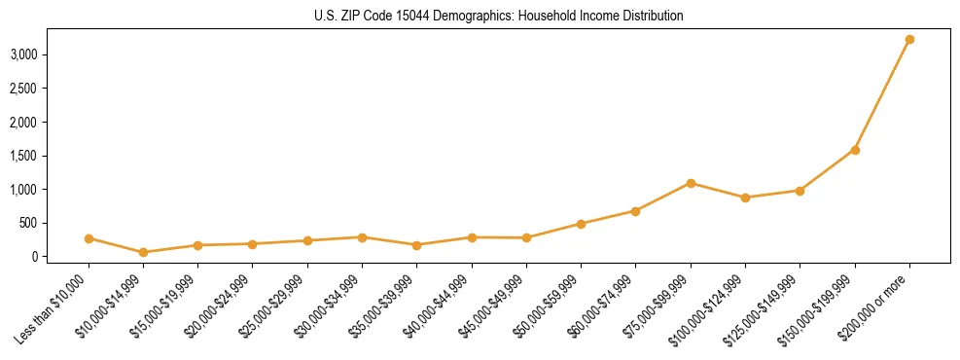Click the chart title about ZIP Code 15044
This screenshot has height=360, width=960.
(x=480, y=17)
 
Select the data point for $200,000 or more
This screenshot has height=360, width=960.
(x=909, y=40)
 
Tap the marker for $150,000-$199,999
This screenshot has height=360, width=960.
(x=855, y=150)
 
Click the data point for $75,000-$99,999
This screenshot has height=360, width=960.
(x=691, y=183)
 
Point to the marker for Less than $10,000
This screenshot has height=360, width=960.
(x=89, y=238)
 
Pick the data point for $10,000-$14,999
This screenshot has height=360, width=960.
(x=143, y=252)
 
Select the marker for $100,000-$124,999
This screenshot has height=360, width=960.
(x=745, y=198)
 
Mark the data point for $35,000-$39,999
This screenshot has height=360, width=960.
(x=362, y=245)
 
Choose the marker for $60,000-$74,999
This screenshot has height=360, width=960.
(x=635, y=211)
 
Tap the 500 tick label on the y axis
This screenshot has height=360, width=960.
(x=32, y=223)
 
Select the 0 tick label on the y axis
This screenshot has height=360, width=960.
(x=38, y=257)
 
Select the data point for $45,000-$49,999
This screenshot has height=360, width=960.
(x=526, y=237)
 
